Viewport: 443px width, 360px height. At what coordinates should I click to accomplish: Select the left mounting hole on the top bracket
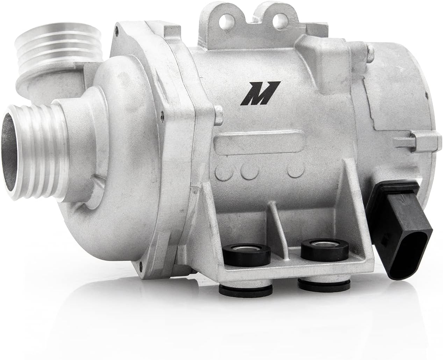[x=225, y=20]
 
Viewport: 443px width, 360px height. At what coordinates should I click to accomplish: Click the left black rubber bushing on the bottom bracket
[x=248, y=254]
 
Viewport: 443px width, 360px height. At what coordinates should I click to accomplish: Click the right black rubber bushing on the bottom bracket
[x=325, y=250]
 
